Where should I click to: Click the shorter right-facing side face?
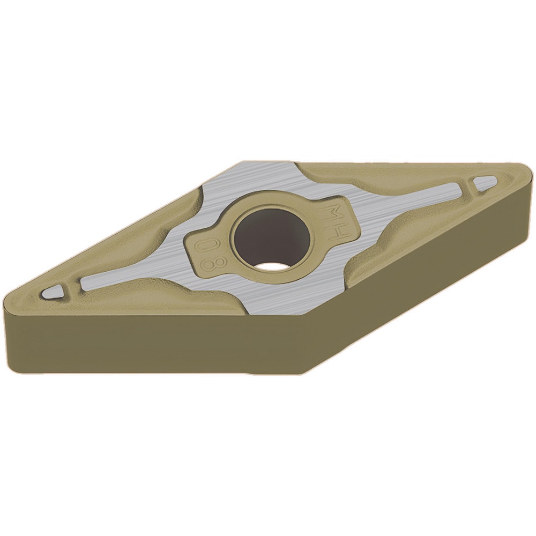tap(423, 268)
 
